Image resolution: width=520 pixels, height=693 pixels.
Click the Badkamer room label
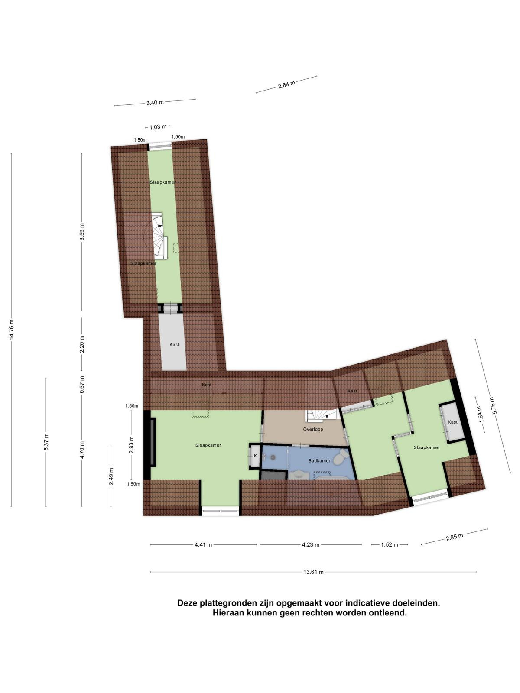click(319, 461)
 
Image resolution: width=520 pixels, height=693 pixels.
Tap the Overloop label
click(313, 429)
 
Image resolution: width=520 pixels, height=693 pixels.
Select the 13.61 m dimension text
click(313, 572)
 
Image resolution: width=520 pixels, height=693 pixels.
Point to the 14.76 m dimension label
click(12, 330)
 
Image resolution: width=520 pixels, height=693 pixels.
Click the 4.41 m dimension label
click(203, 544)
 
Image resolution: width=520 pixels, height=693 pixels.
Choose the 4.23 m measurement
click(311, 544)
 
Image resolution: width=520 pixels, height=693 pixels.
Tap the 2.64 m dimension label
click(287, 84)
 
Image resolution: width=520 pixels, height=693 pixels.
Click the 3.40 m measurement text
click(155, 103)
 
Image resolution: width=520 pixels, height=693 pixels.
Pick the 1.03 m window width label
click(158, 127)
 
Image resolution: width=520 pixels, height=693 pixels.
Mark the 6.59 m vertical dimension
click(82, 232)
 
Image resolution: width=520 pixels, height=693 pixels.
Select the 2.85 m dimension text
click(455, 537)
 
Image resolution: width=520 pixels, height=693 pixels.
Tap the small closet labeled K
click(255, 456)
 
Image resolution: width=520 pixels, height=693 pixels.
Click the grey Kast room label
click(174, 344)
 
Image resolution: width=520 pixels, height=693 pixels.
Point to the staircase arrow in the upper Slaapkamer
click(160, 226)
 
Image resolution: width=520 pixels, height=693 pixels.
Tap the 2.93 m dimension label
click(132, 445)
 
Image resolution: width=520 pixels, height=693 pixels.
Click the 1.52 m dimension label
click(390, 544)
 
